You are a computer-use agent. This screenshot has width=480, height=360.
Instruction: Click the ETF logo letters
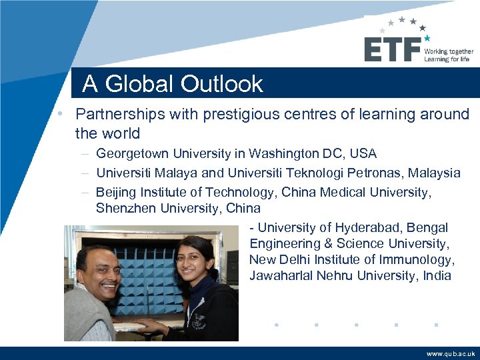[x=392, y=49]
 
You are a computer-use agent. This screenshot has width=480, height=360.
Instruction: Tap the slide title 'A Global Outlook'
[x=173, y=84]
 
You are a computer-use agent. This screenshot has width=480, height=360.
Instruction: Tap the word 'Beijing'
[x=116, y=193]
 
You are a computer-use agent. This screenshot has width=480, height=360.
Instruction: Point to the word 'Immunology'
[x=419, y=260]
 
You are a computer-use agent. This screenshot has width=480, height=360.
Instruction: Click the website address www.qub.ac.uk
[x=451, y=354]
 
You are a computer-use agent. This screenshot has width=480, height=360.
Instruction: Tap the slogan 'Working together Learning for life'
[x=449, y=55]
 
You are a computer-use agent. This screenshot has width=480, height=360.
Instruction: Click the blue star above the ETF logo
[x=427, y=38]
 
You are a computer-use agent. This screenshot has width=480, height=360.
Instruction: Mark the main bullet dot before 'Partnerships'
[x=60, y=114]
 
